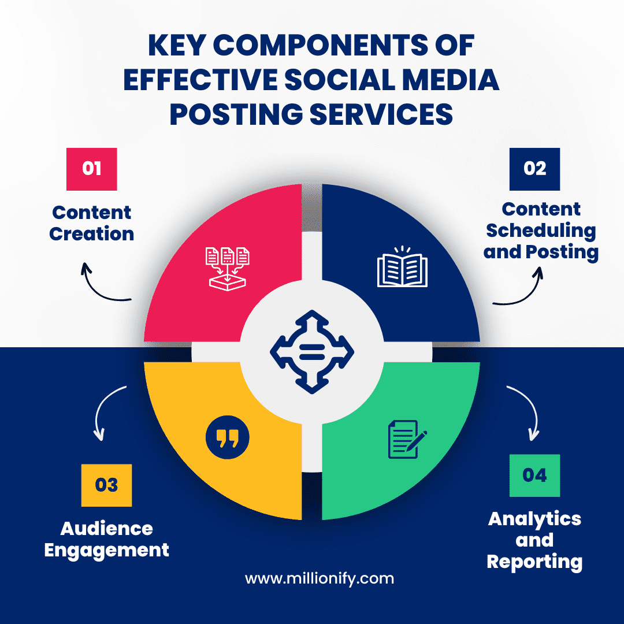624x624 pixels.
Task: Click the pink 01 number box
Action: (92, 169)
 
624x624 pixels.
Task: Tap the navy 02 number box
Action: (534, 169)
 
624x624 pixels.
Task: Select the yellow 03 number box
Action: (106, 485)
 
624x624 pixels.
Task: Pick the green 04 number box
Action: (534, 476)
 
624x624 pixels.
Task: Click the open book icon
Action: (402, 267)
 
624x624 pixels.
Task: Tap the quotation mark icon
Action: (227, 439)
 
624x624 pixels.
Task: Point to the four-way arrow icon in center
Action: (312, 350)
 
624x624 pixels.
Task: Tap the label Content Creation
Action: (92, 223)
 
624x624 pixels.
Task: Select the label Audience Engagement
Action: (106, 538)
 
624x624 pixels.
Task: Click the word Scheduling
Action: (541, 231)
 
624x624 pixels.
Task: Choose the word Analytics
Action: (534, 518)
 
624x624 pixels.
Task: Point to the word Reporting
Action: (534, 562)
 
